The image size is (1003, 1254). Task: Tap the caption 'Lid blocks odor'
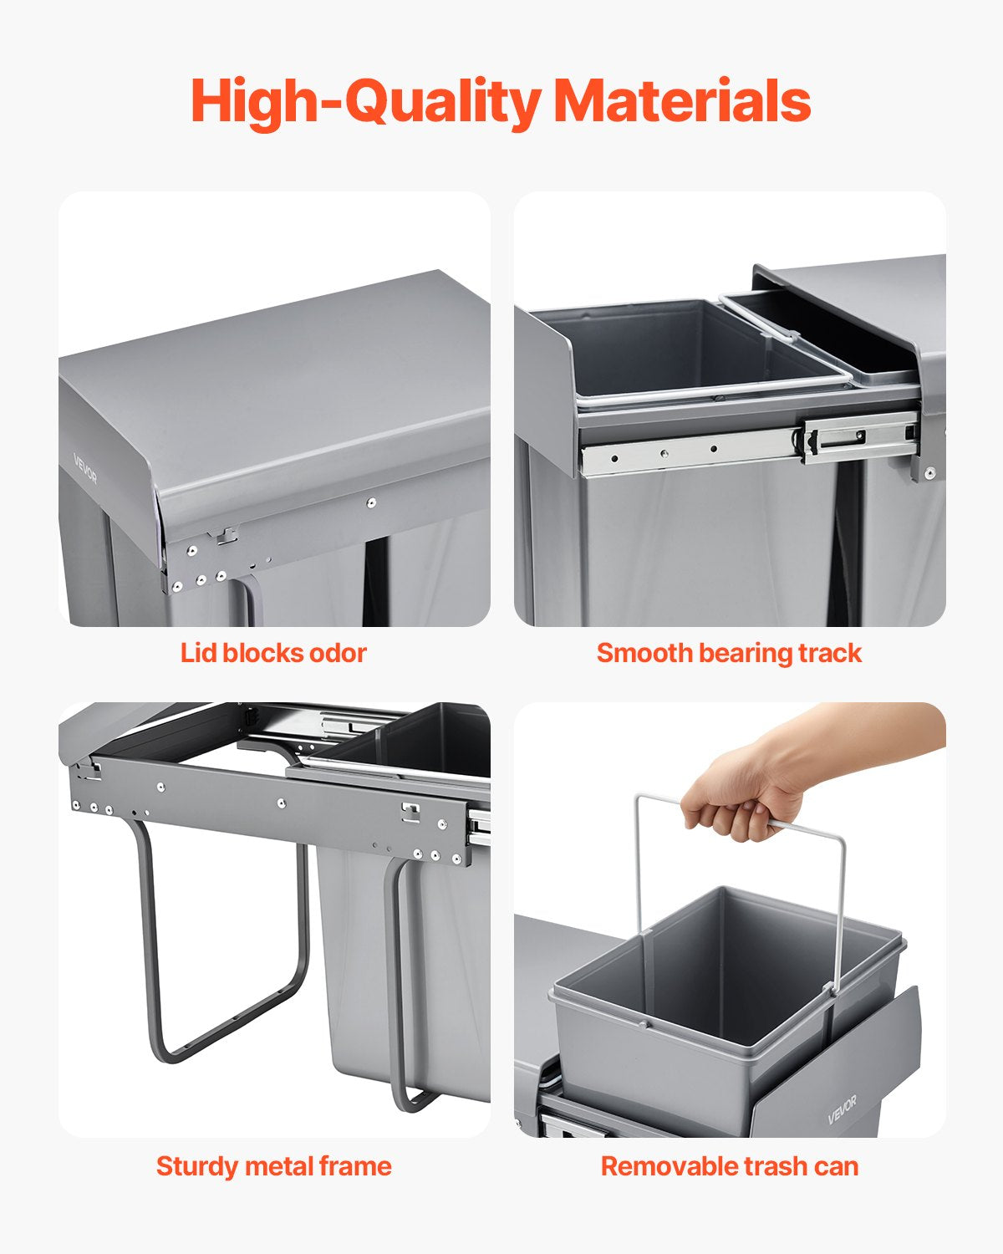(x=273, y=653)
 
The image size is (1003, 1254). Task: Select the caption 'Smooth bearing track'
(x=729, y=653)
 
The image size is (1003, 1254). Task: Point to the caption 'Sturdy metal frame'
(x=273, y=1166)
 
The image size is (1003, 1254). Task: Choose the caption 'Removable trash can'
(x=729, y=1166)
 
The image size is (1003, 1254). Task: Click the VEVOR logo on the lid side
(x=85, y=468)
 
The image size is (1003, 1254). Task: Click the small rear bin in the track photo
(x=823, y=334)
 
